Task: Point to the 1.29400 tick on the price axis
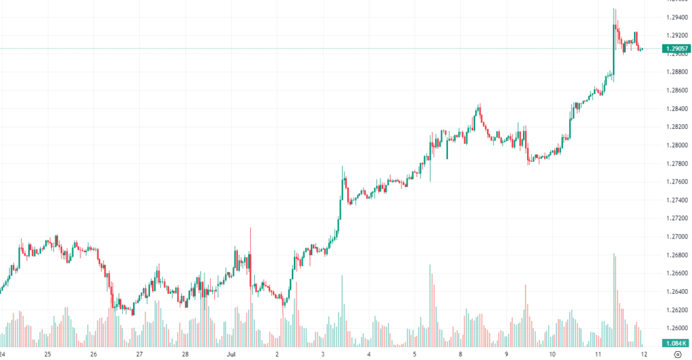tap(677, 17)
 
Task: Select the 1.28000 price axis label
tap(677, 145)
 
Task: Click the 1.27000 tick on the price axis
tap(677, 237)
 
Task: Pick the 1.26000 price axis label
tap(677, 328)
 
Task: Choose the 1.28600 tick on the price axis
tap(677, 91)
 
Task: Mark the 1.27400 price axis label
tap(677, 201)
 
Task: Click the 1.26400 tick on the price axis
tap(677, 292)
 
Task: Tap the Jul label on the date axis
tap(231, 354)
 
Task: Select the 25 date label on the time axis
tap(47, 354)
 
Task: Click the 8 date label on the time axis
tap(460, 354)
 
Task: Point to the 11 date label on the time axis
tap(598, 354)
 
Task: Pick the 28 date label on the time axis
tap(185, 354)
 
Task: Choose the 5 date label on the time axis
tap(414, 354)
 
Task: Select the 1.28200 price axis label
tap(677, 127)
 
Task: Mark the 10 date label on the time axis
tap(552, 354)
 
